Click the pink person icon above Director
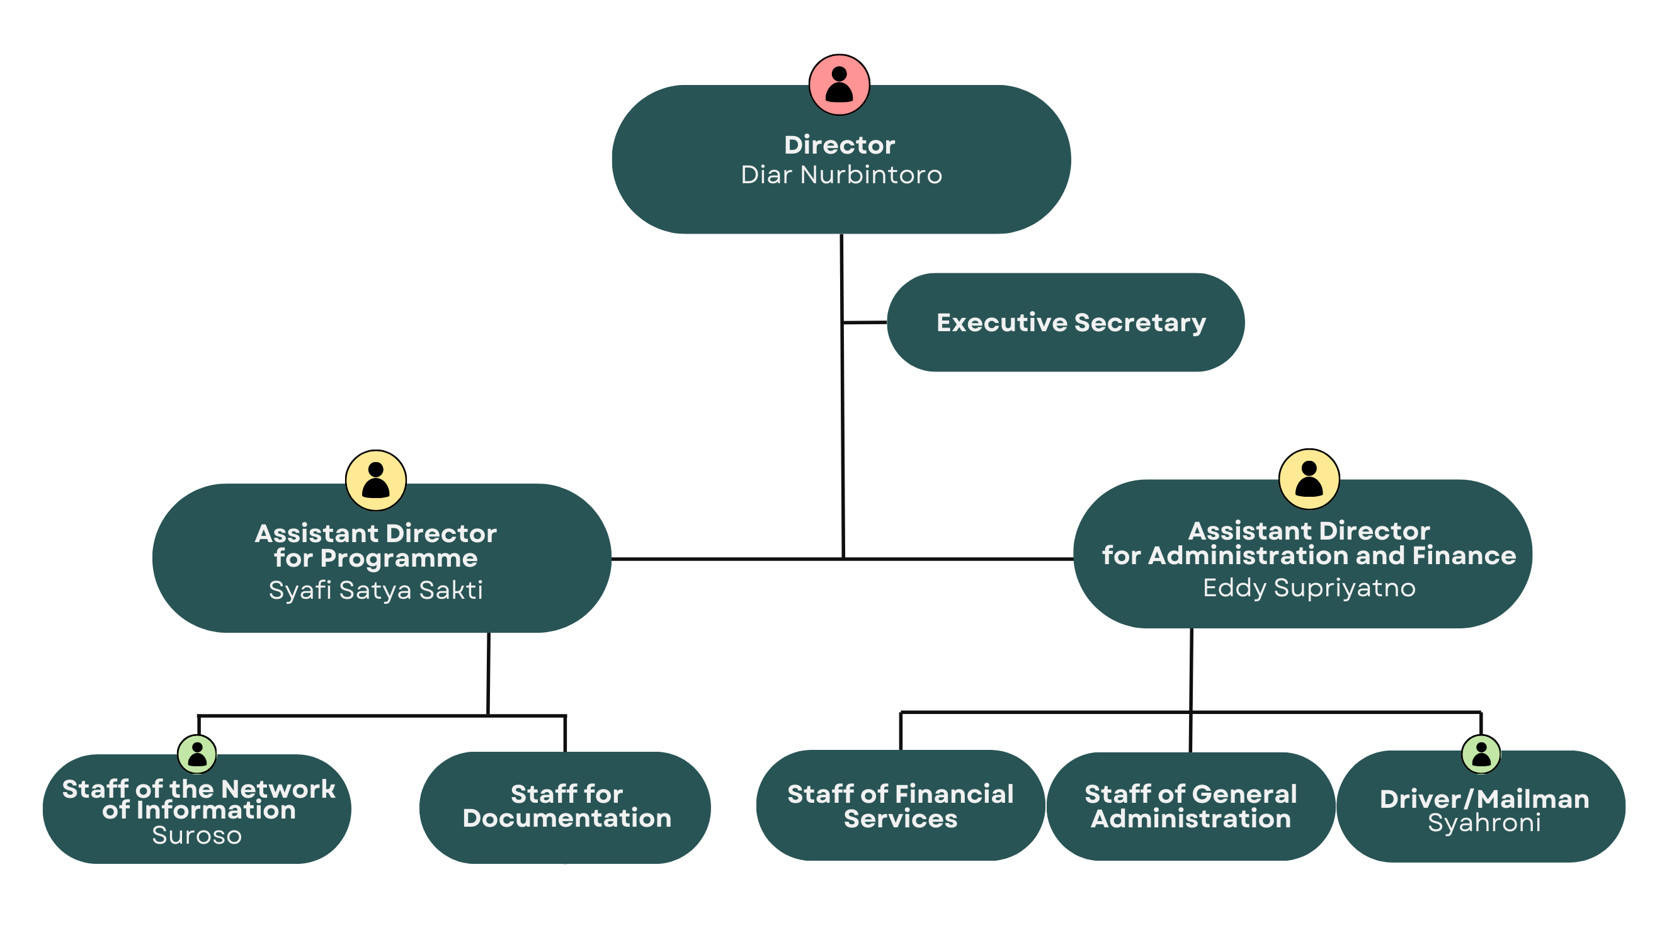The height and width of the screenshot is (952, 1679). (839, 85)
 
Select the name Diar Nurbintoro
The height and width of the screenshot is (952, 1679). (841, 175)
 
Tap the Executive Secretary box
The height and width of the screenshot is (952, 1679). (1065, 322)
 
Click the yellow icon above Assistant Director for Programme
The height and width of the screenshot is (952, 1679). (376, 480)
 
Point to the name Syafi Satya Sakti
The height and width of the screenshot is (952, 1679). (376, 591)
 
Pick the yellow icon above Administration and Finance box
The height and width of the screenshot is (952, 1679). (1309, 479)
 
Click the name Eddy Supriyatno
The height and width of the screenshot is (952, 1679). (1309, 588)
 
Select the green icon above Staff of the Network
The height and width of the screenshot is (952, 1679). (196, 754)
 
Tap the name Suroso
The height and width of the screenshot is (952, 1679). (196, 836)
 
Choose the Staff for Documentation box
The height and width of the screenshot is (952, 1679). (566, 807)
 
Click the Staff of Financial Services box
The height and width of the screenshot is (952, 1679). (901, 805)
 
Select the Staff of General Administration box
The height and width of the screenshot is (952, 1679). (1190, 806)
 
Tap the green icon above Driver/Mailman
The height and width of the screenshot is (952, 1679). (1481, 754)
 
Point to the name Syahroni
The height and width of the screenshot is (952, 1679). (1484, 823)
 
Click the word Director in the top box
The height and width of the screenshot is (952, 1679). (839, 145)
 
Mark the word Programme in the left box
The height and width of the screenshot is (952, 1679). (399, 558)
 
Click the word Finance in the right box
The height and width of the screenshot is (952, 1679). (1464, 556)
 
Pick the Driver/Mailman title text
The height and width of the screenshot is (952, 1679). (1484, 799)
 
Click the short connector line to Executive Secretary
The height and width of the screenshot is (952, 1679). (864, 322)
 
